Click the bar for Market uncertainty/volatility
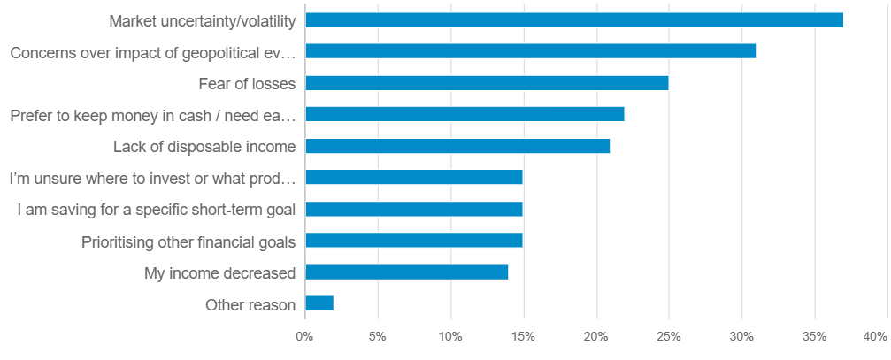click(573, 20)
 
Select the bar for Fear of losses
click(486, 83)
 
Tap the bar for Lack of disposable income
click(457, 146)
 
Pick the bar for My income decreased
click(406, 272)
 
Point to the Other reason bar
click(319, 304)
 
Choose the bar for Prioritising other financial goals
click(413, 241)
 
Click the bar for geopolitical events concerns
click(530, 51)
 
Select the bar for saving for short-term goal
click(413, 210)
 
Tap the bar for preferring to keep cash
click(464, 114)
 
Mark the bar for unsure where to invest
click(413, 178)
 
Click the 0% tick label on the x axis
click(304, 337)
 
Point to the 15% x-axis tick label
click(523, 337)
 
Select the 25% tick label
click(668, 337)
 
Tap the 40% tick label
click(874, 337)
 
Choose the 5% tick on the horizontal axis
click(378, 337)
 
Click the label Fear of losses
click(247, 83)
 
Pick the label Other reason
click(250, 304)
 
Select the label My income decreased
click(219, 272)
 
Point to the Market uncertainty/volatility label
click(202, 20)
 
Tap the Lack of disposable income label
click(204, 146)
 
